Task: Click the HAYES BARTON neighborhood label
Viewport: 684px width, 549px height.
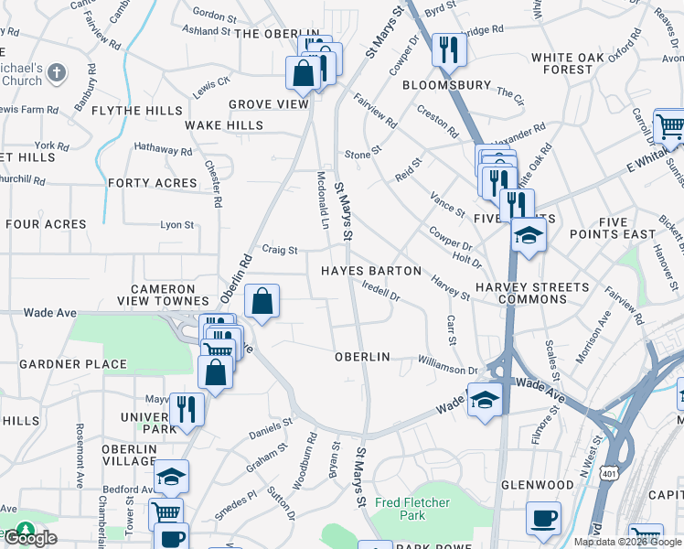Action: click(x=370, y=271)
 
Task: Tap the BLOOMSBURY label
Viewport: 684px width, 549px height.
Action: click(x=447, y=85)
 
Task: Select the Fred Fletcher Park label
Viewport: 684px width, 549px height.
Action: click(x=412, y=509)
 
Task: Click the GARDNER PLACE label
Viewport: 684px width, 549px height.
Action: click(x=73, y=364)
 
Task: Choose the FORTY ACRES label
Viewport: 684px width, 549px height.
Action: click(x=152, y=183)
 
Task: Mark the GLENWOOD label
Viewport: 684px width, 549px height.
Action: click(x=537, y=484)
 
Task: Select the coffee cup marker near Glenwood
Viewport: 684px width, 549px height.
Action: click(x=543, y=517)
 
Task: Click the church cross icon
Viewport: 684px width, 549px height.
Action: click(x=56, y=71)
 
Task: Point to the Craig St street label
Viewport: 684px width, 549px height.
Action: click(x=280, y=250)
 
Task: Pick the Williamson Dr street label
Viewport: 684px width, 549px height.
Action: click(x=448, y=366)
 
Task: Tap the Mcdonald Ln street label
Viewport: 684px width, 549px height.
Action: click(x=322, y=200)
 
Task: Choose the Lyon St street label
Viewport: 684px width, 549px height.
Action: click(x=177, y=224)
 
